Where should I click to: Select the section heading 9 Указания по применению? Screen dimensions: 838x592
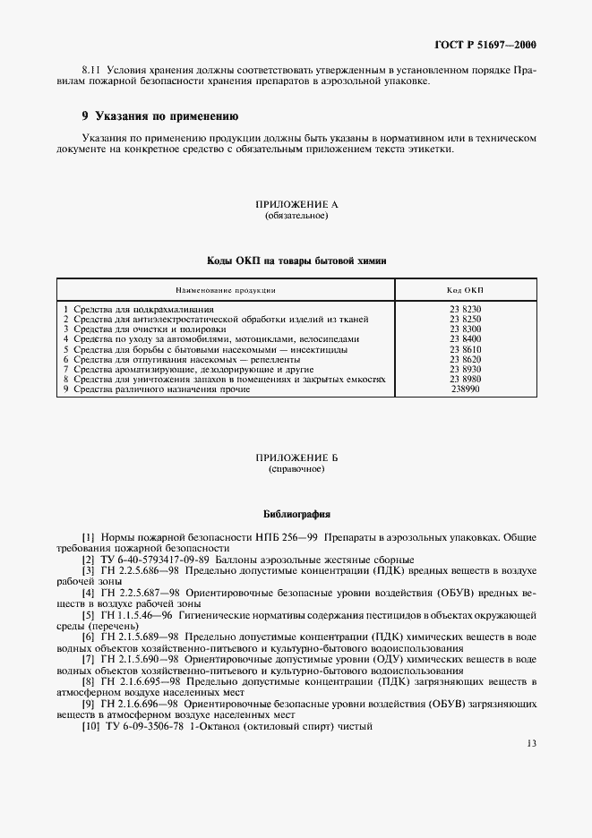tap(159, 115)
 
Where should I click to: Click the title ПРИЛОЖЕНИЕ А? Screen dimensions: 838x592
tap(296, 206)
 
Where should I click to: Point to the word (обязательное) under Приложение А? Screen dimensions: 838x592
tap(296, 217)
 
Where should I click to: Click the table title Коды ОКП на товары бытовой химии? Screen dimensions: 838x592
tap(296, 260)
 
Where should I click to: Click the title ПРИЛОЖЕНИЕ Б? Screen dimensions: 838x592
tap(296, 457)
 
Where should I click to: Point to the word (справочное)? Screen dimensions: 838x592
tap(296, 468)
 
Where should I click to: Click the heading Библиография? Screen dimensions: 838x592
tap(296, 515)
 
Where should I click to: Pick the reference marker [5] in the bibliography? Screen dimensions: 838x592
tap(88, 615)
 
